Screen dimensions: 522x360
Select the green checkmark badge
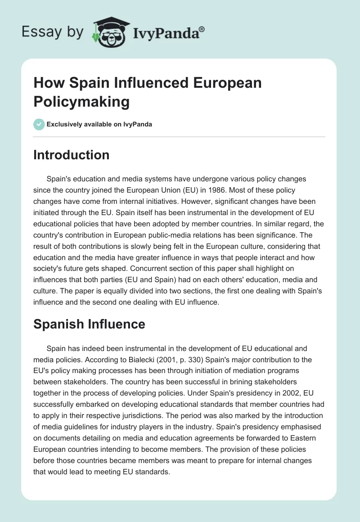39,124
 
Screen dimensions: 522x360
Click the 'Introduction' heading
71,155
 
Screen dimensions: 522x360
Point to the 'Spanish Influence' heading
89,324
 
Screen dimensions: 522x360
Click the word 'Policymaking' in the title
81,101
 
